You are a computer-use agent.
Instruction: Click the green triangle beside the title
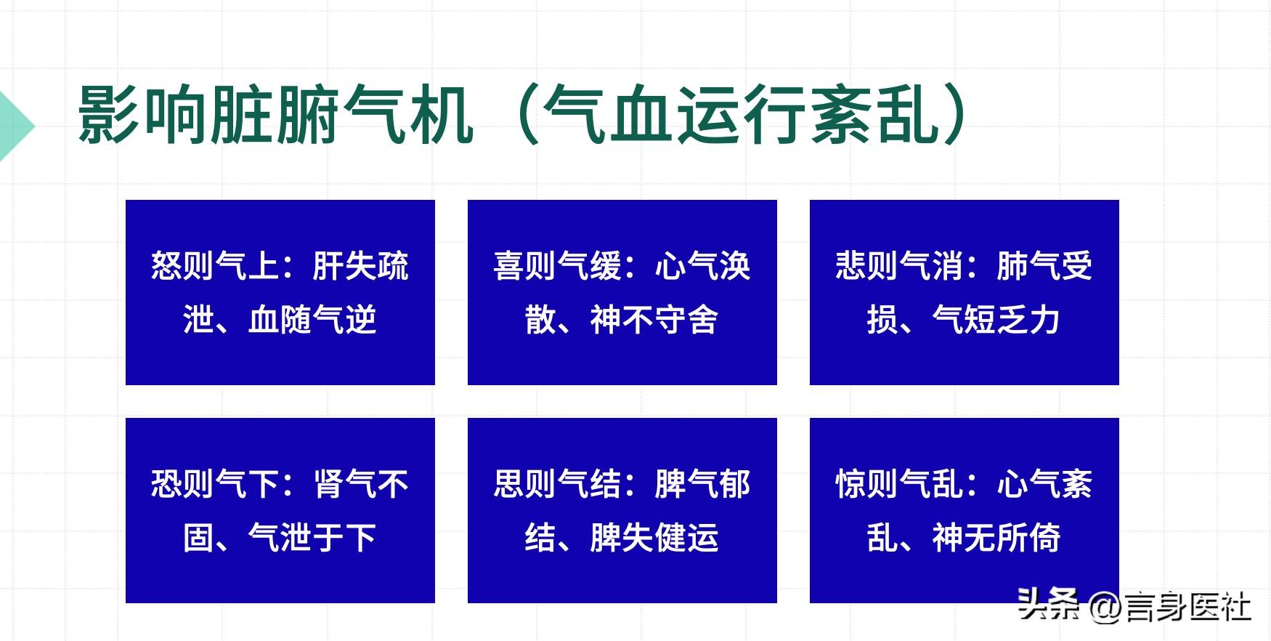[x=15, y=126]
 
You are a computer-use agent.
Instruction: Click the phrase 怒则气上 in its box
[x=214, y=266]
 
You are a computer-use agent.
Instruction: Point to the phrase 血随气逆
[x=312, y=320]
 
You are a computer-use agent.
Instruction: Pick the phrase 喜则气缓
[x=557, y=266]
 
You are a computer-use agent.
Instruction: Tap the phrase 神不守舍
[x=654, y=320]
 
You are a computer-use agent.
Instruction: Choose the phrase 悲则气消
[x=899, y=266]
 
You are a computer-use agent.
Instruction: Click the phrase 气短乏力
[x=996, y=320]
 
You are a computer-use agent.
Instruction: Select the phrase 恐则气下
[x=214, y=484]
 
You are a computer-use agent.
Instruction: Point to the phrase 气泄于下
[x=312, y=538]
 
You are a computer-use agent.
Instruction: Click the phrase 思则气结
[x=557, y=484]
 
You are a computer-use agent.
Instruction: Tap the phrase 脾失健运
[x=654, y=538]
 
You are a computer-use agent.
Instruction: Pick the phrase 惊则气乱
[x=899, y=484]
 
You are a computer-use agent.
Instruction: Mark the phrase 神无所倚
[x=996, y=538]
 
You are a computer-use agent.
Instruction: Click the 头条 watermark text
[x=1049, y=605]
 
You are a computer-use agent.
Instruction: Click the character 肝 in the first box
[x=328, y=266]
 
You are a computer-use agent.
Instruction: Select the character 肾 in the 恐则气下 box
[x=328, y=484]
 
